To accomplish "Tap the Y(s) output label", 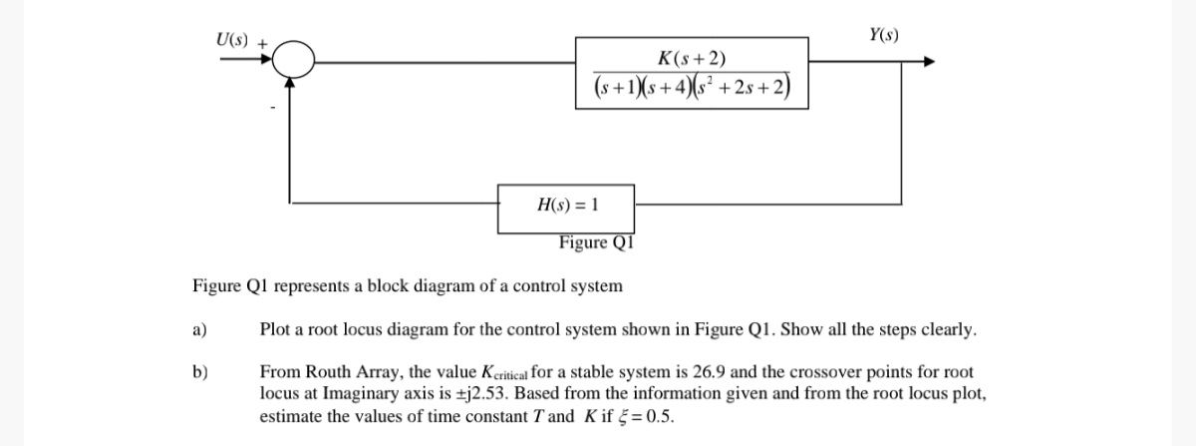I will point(883,36).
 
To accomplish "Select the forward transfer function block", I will point(692,71).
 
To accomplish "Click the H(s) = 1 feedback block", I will point(567,205).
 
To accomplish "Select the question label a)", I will point(199,329).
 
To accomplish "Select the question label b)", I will point(199,372).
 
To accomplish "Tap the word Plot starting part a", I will point(275,329).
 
